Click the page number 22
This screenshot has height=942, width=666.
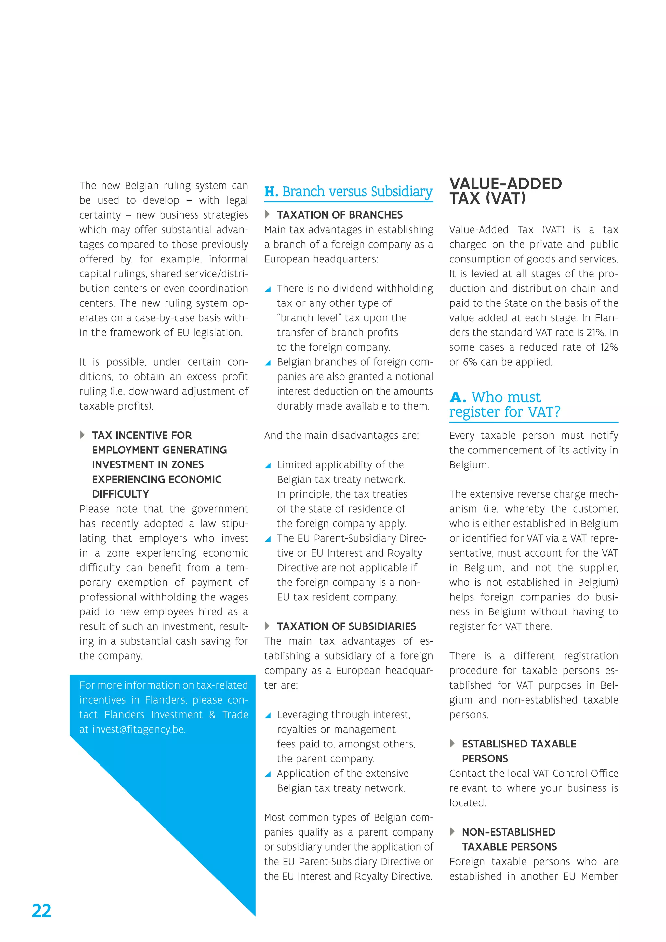click(x=41, y=911)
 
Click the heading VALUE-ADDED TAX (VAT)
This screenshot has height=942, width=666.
click(x=505, y=191)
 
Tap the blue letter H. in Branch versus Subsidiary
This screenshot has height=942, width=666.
click(x=271, y=192)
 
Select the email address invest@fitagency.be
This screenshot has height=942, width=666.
click(x=139, y=729)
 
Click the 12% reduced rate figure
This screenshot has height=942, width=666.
click(x=608, y=347)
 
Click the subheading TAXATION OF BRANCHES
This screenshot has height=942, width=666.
click(x=340, y=215)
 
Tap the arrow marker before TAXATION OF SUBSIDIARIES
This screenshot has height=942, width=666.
click(x=267, y=626)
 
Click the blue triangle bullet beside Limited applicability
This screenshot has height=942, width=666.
click(x=268, y=465)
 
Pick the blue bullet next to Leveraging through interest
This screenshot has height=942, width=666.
click(x=268, y=715)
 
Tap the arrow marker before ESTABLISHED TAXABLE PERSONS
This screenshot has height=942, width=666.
click(x=452, y=744)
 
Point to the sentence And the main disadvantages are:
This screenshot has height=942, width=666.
click(x=341, y=435)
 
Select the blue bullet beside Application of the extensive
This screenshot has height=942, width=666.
click(x=268, y=774)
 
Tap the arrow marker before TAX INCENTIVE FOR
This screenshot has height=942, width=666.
click(x=82, y=435)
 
